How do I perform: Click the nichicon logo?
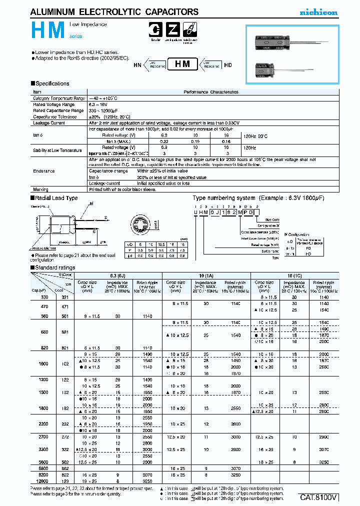click(x=318, y=12)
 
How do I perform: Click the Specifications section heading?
click(x=50, y=83)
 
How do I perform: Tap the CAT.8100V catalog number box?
click(x=319, y=497)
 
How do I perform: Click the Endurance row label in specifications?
click(x=44, y=171)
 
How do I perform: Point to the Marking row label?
click(x=41, y=189)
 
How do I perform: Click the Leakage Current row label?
click(x=49, y=122)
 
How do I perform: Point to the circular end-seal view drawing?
click(x=143, y=223)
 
